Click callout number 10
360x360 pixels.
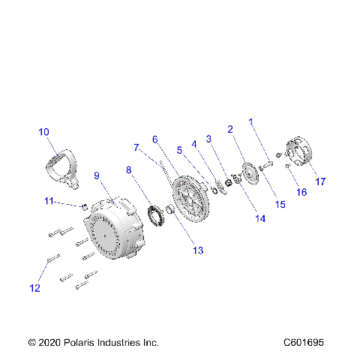point(44,132)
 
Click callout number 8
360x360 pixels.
point(129,170)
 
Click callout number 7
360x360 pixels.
point(136,147)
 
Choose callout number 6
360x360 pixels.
point(154,139)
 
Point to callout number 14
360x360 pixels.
point(260,219)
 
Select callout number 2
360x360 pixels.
point(231,128)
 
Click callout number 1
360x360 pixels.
point(252,121)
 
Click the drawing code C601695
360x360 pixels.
point(304,342)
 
